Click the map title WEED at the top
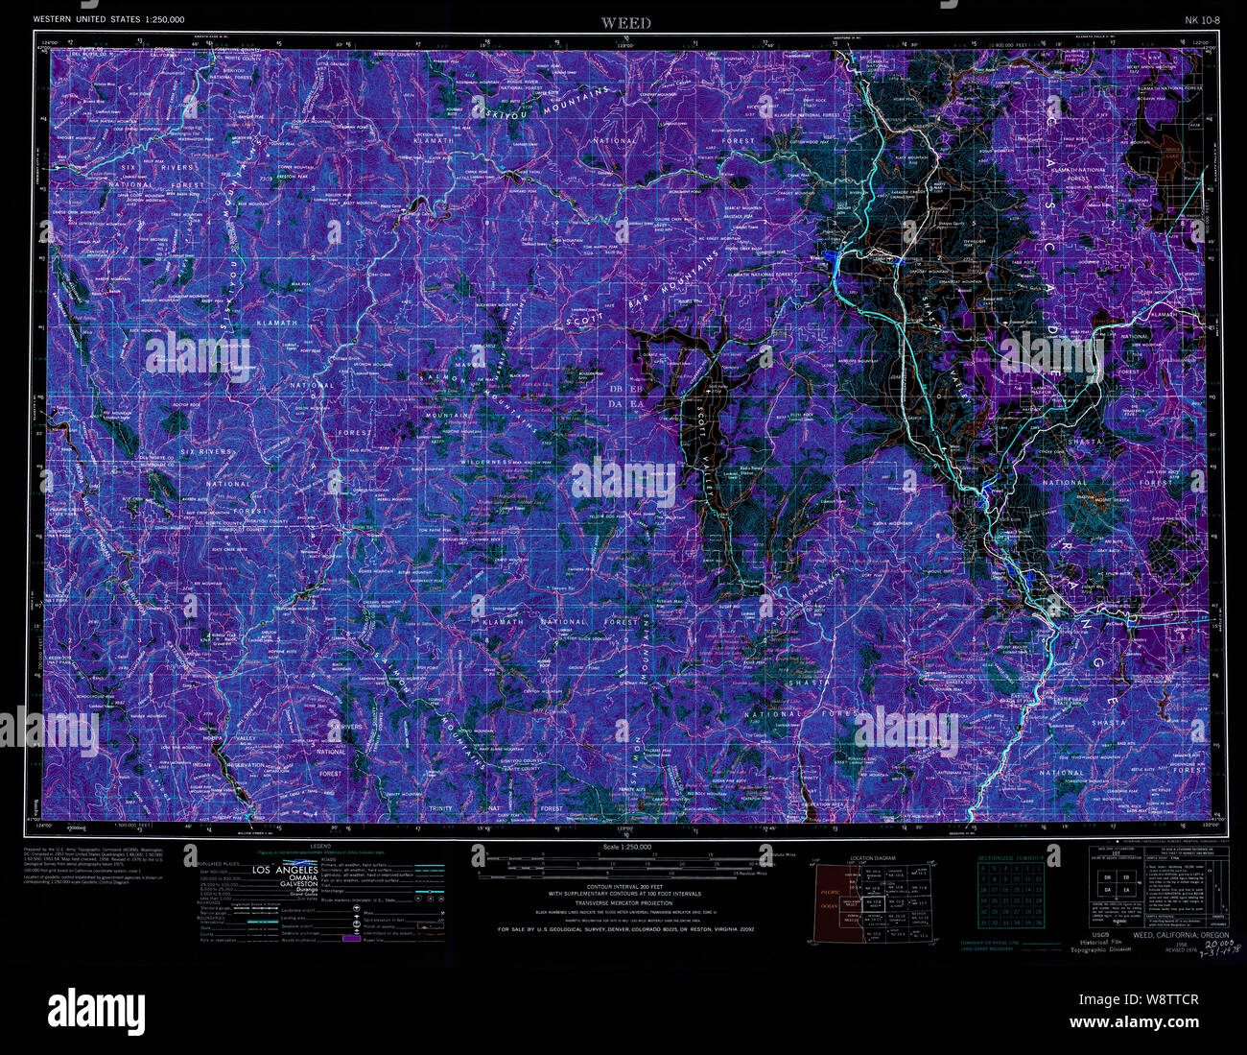625,23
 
